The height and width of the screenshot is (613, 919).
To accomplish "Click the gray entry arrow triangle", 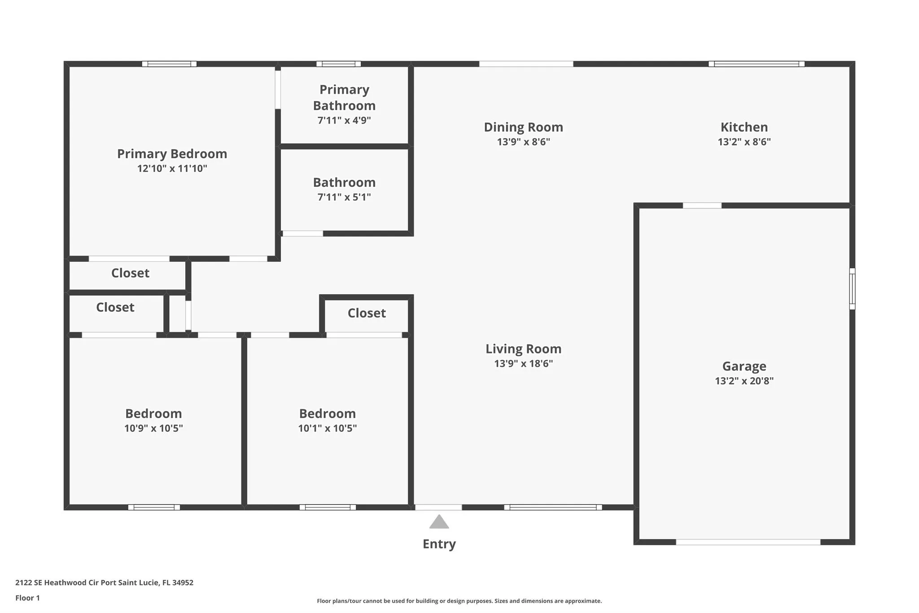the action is pos(439,522).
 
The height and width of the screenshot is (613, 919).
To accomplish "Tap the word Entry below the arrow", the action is pos(439,544).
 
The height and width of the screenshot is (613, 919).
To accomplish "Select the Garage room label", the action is pos(744,366).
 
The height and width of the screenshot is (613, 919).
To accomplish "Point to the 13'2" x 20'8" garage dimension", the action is pos(744,381).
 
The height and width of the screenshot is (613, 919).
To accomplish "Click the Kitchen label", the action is pos(744,127).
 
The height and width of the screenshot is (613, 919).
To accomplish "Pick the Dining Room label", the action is pos(523,128).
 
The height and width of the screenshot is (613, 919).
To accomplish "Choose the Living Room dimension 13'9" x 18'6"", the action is pos(523,363).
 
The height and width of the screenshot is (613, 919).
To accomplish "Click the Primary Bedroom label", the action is pos(172,154).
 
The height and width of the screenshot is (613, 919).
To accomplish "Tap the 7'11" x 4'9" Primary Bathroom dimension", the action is pos(344,120).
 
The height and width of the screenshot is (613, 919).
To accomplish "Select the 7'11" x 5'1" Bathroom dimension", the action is pos(344,197).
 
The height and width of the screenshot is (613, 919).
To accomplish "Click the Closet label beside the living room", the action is pos(367,313).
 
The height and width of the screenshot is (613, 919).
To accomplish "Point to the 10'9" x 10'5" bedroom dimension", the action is pos(153,428).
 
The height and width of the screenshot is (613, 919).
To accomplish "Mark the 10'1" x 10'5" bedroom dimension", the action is pos(328,428).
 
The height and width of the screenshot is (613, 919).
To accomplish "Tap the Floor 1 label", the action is pos(27,598).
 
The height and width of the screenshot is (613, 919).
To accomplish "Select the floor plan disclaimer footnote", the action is pos(459,601).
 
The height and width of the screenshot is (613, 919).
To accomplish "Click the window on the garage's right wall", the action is pos(852,289).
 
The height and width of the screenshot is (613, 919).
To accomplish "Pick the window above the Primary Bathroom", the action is pos(339,64).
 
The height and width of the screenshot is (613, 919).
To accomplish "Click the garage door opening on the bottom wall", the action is pos(748,542).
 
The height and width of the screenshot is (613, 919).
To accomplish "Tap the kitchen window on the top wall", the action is pos(757,64).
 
